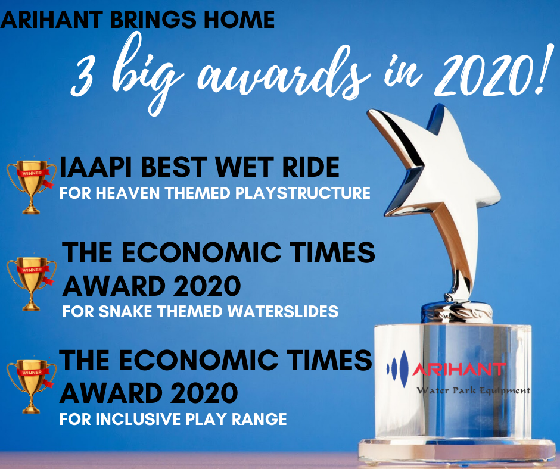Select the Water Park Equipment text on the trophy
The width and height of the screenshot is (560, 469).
tap(473, 390)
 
